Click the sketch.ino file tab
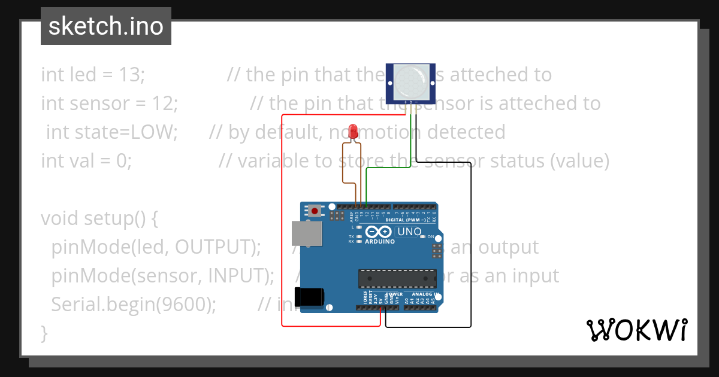[x=106, y=26]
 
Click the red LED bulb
[x=354, y=130]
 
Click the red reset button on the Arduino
[x=314, y=210]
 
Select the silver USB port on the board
[x=306, y=233]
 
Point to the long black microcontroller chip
[x=397, y=278]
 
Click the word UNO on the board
[x=410, y=232]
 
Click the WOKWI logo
[x=636, y=330]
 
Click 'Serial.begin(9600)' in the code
[x=134, y=304]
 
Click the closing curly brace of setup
[x=44, y=332]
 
